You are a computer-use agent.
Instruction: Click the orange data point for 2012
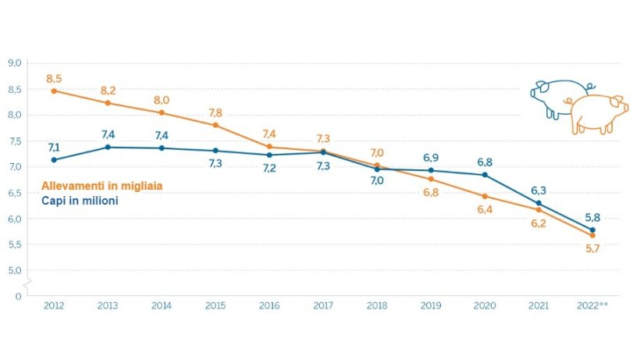[x=54, y=91]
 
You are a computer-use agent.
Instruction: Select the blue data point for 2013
[x=108, y=147]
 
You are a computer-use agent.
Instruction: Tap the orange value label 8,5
[x=54, y=78]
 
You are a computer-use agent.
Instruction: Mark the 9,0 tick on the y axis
[x=14, y=63]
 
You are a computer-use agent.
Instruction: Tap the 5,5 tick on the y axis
[x=14, y=244]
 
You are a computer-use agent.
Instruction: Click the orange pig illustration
[x=598, y=113]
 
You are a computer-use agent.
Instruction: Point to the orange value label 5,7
[x=593, y=249]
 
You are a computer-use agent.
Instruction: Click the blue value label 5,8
[x=593, y=216]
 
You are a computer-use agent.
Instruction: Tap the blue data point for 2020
[x=485, y=174]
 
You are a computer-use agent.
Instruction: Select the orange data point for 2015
[x=215, y=125]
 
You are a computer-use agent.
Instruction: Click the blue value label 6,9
[x=431, y=159]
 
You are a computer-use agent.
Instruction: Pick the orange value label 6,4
[x=485, y=209]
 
